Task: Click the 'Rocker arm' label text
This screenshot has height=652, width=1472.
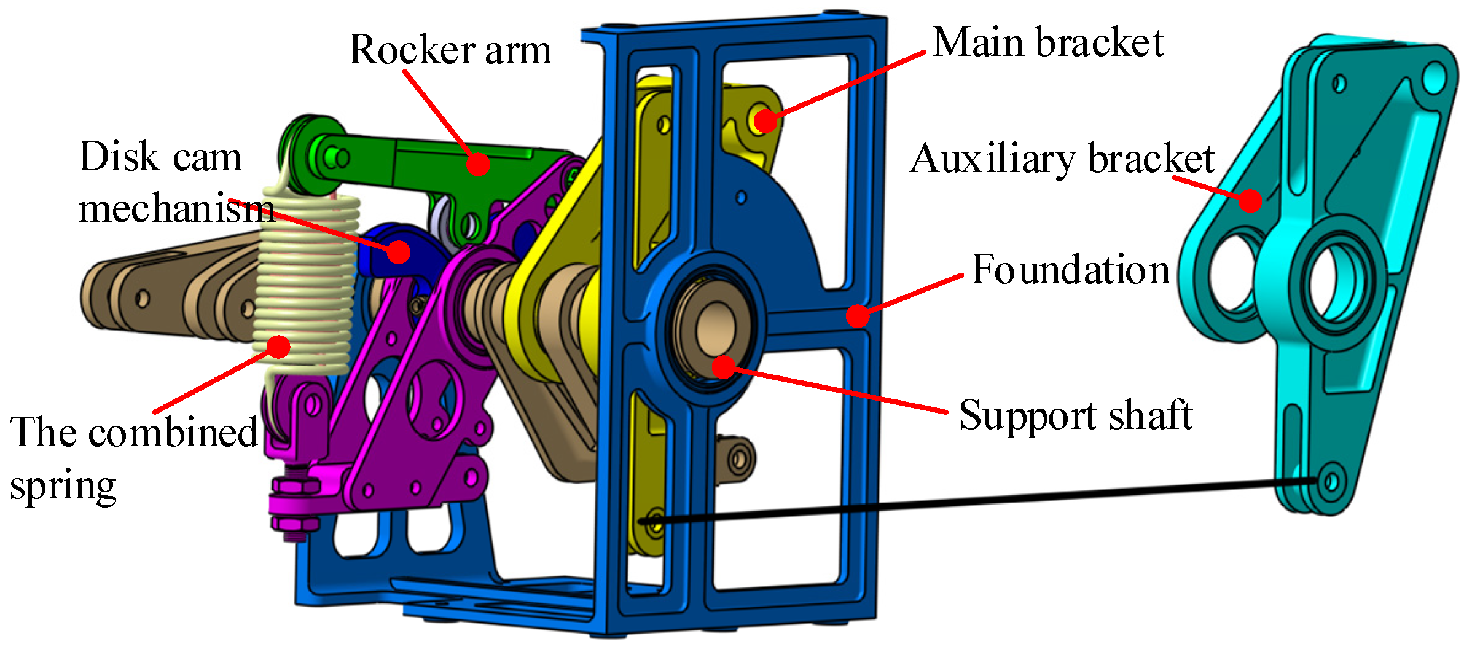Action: point(450,49)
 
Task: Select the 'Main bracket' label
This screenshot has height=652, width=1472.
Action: point(1047,43)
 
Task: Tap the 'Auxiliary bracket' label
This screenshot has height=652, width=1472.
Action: point(1062,159)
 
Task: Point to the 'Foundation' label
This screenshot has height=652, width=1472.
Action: point(1070,270)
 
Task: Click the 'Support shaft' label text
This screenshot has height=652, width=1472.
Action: point(1075,416)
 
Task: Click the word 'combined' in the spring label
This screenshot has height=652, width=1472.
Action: point(173,432)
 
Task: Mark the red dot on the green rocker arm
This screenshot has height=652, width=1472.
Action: point(477,163)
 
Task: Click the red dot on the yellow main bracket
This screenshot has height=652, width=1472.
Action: point(765,120)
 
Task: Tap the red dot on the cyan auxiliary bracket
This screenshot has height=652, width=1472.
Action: point(1250,200)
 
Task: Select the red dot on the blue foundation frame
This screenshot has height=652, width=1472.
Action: point(858,315)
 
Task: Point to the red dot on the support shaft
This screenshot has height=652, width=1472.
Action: point(724,367)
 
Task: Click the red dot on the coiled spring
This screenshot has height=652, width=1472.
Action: point(278,347)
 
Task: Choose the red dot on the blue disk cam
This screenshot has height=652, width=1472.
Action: point(399,251)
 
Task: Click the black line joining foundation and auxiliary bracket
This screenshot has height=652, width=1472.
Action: point(983,501)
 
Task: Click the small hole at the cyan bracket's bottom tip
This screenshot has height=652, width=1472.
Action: point(1330,480)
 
